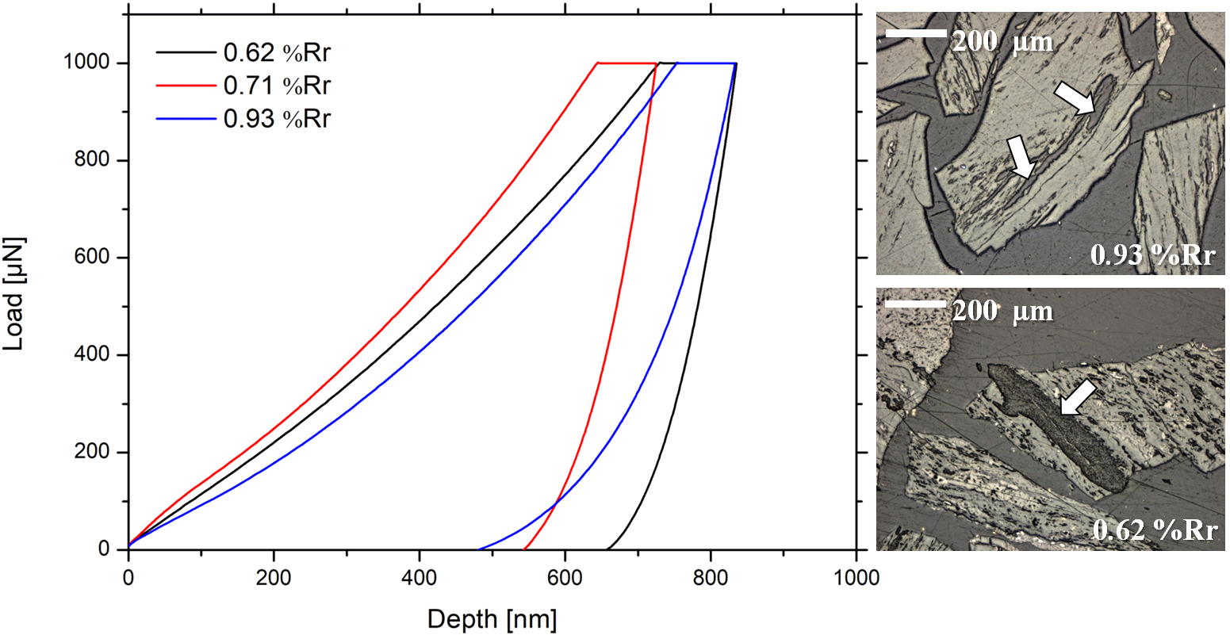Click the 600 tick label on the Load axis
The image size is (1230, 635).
(x=91, y=258)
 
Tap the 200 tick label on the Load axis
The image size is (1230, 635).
(x=91, y=453)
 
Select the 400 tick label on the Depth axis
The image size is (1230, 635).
(x=420, y=577)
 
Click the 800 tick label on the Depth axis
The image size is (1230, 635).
(x=711, y=577)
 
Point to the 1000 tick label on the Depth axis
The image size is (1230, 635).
(x=855, y=577)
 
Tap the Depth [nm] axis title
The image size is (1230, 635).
(x=492, y=618)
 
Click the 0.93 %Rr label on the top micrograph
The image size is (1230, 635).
(x=1152, y=254)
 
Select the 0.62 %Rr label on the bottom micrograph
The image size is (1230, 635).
(x=1154, y=529)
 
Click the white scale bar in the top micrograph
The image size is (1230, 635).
(x=916, y=34)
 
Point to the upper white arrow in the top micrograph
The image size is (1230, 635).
(x=1073, y=101)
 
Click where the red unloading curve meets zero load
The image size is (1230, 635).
(x=524, y=549)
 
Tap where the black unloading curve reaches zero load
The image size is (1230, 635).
(x=606, y=549)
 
